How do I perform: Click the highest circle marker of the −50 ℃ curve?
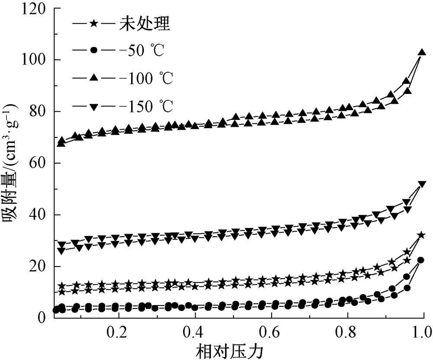coord(420,260)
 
